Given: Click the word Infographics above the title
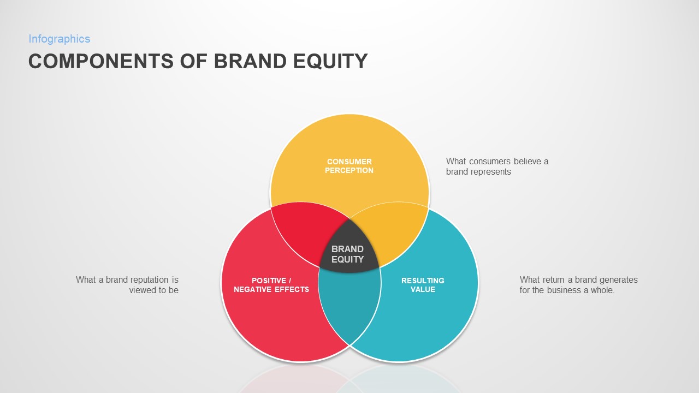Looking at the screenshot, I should pos(59,39).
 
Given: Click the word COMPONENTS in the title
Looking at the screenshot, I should pos(102,61).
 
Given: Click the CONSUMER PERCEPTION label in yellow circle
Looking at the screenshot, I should pos(349,166).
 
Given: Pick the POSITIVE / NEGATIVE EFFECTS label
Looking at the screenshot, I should pos(271,285).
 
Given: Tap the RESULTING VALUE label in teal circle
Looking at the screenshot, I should pos(423,285).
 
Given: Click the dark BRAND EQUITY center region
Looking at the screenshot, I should pos(348,253).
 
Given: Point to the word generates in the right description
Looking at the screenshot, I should pos(618,280).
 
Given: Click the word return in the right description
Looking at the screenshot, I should pos(553,280).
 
